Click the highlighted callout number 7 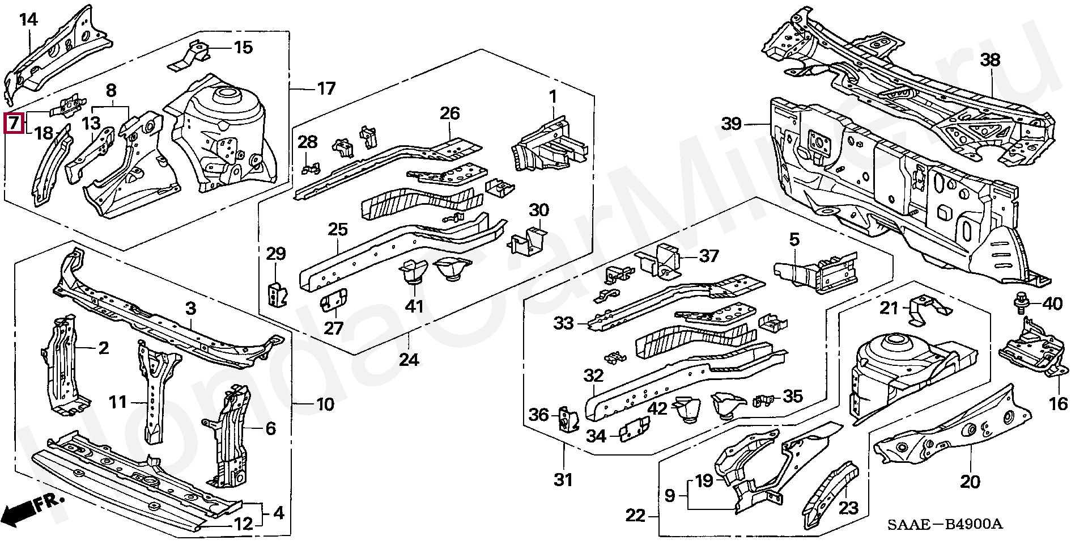[14, 123]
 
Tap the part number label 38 [990, 60]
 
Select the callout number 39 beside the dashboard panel [732, 124]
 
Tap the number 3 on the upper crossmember [190, 309]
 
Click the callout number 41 [414, 306]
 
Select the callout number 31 [563, 480]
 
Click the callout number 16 [1058, 403]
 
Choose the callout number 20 [970, 482]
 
